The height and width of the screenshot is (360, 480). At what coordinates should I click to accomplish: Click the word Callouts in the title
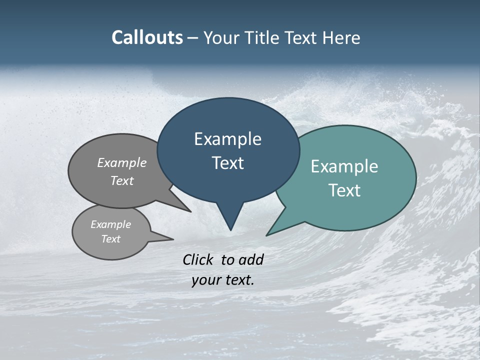coord(147,37)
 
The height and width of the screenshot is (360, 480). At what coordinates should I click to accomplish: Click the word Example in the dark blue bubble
coord(227,139)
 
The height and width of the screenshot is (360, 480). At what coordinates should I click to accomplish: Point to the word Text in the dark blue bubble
coord(227,163)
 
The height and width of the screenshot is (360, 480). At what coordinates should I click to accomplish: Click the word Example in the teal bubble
coord(344,166)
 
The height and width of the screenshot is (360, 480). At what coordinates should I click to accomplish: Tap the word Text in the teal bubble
coord(344,190)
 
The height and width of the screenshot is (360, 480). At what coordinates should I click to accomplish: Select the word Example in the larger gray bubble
coord(122,162)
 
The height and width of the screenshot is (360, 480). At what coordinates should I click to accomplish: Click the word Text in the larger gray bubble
coord(122,180)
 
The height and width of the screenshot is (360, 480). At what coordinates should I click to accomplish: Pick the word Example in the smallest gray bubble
coord(111,224)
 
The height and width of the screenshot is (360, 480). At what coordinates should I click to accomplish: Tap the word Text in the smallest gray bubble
coord(111,239)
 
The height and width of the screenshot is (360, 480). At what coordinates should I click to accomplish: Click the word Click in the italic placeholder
coord(198,259)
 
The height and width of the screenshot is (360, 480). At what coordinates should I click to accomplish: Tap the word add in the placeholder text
coord(251,259)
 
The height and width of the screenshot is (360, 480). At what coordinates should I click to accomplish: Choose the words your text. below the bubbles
coord(223,280)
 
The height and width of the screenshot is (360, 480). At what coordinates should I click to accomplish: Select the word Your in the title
coord(221,37)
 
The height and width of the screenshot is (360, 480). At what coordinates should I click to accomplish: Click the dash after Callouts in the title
coord(193,37)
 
